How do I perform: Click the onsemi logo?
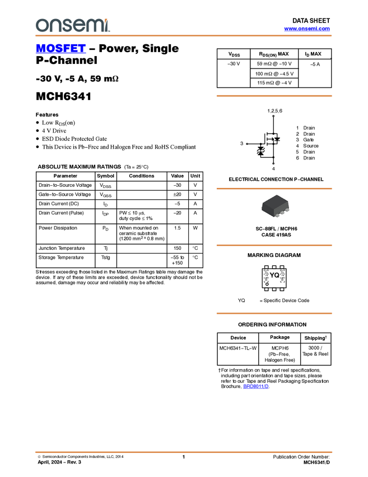(72, 25)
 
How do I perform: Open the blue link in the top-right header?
(307, 29)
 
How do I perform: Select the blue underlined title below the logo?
(60, 49)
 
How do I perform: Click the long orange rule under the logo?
(183, 36)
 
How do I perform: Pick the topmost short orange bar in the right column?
(274, 96)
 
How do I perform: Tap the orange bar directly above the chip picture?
(274, 189)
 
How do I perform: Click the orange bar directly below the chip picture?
(274, 245)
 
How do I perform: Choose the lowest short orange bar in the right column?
(274, 313)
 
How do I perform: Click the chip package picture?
(275, 206)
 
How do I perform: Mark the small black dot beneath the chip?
(277, 217)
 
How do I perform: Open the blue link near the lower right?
(255, 386)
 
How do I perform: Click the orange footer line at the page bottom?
(183, 452)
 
